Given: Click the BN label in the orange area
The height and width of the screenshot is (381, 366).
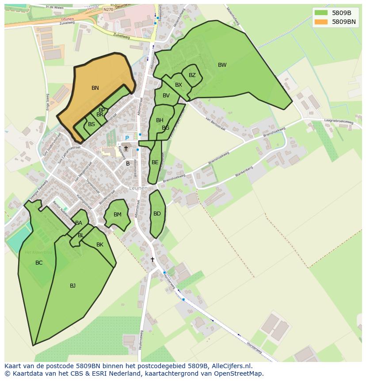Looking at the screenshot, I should click(95, 88).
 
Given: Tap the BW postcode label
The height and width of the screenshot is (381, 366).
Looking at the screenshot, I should click(222, 65).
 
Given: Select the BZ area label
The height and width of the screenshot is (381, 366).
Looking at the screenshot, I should click(192, 75).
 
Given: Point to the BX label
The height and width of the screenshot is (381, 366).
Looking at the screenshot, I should click(179, 85).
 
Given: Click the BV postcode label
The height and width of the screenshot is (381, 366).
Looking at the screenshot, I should click(166, 96).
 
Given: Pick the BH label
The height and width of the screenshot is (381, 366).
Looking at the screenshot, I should click(160, 120).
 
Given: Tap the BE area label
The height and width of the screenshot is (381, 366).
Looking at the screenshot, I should click(155, 162).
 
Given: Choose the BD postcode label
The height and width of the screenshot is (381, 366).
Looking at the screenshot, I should click(157, 214).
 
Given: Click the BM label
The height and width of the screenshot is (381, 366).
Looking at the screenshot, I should click(117, 215).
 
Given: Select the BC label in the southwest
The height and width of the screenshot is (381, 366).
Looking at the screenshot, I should click(39, 263).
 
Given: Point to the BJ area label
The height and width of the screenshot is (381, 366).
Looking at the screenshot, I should click(72, 286).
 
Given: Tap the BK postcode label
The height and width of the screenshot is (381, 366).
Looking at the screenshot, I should click(100, 245).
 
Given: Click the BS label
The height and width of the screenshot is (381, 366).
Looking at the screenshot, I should click(91, 124).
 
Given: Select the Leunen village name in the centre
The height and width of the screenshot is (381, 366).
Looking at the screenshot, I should click(138, 188).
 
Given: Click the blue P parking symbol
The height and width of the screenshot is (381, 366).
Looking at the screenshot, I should click(127, 138).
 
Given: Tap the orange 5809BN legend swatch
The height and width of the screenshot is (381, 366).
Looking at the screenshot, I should click(321, 22).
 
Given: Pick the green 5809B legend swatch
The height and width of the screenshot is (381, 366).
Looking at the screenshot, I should click(321, 13).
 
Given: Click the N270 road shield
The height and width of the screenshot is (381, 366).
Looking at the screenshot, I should click(108, 9).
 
